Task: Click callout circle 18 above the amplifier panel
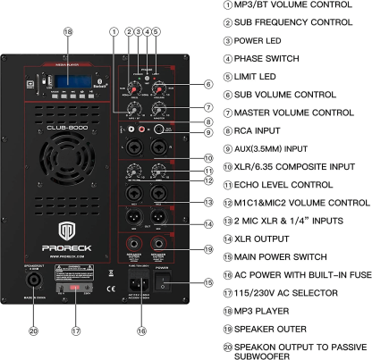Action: tap(66, 32)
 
